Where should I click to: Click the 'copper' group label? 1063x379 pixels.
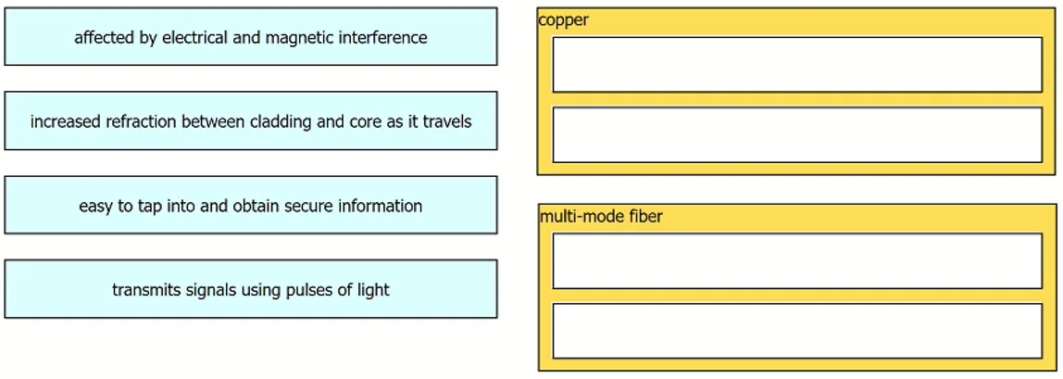[x=563, y=20]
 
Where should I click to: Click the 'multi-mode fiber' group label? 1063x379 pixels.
[x=601, y=216]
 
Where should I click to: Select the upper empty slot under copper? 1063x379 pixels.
[x=797, y=65]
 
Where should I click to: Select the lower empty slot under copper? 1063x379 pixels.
[x=797, y=135]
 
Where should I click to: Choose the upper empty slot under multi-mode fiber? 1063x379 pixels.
[x=797, y=261]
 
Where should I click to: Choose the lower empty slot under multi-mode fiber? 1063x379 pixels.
[x=797, y=331]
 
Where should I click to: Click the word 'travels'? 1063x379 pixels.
[x=448, y=122]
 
